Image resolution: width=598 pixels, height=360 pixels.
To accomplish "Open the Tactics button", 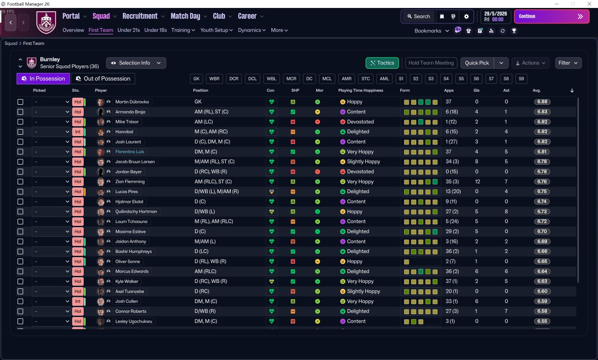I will (382, 63).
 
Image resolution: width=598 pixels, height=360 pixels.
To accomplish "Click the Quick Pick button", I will (477, 63).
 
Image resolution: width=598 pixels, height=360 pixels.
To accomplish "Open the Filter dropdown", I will (568, 63).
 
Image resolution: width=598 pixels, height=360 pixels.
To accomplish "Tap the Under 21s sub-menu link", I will (128, 30).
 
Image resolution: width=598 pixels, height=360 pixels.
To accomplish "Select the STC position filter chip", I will (366, 79).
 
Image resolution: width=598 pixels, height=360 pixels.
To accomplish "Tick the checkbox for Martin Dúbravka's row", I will (20, 102).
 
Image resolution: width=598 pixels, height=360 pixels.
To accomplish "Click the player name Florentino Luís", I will (130, 152).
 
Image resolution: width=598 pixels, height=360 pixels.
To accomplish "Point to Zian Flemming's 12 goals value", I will (477, 182).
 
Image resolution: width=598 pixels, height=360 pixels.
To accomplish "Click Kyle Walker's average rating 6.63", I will (542, 281).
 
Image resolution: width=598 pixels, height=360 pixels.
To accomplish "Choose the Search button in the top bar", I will (418, 16).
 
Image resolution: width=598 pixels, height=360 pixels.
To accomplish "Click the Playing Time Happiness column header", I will (360, 90).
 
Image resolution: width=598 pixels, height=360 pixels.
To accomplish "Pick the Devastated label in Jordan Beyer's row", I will (360, 172).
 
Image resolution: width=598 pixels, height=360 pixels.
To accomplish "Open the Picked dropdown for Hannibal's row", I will (51, 132).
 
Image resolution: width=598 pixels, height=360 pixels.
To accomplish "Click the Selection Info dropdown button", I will (136, 63).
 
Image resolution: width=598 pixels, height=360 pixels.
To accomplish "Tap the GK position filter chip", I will (197, 79).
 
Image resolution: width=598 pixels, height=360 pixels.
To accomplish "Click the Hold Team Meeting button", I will (431, 63).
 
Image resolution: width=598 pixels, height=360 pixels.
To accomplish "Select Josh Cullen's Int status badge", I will (78, 302).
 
